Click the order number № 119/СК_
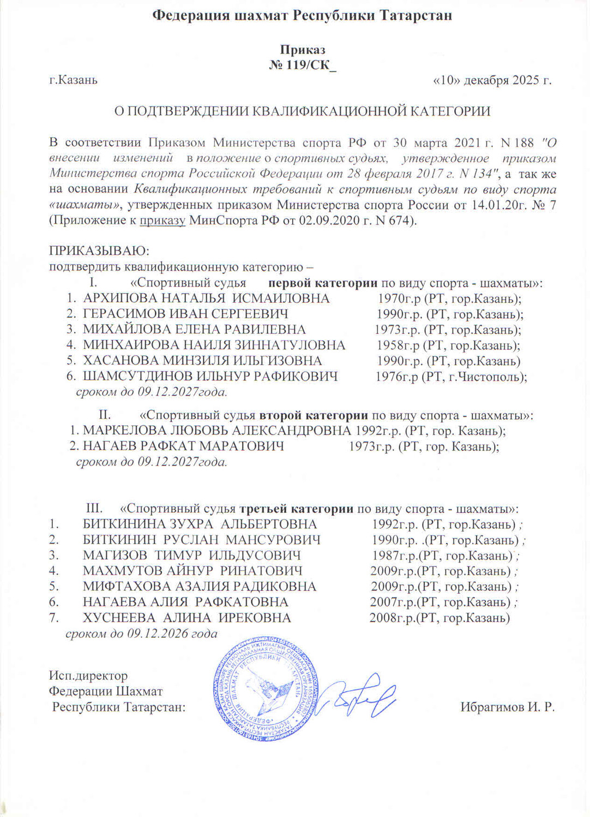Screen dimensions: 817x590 tap(303, 65)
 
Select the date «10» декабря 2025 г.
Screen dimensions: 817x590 tap(492, 81)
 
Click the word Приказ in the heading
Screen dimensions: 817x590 tap(303, 50)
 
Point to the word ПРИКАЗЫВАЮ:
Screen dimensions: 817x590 tap(99, 251)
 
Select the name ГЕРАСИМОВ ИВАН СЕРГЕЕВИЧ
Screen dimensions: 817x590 tap(185, 314)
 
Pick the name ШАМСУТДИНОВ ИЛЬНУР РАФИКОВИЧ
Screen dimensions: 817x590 tap(210, 376)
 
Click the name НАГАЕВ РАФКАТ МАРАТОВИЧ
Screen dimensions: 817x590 tap(183, 446)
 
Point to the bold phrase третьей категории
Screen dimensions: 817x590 tap(297, 509)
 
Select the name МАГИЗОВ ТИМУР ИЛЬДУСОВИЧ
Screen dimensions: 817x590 tap(191, 556)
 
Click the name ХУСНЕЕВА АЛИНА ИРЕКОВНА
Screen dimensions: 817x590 tap(186, 618)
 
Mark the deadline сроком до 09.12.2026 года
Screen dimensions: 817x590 tap(141, 633)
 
